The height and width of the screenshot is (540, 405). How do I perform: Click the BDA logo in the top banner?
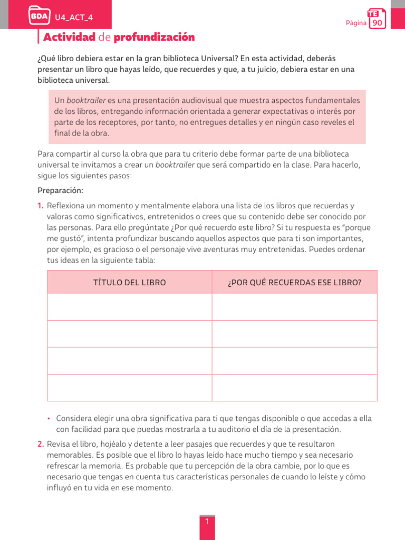point(40,16)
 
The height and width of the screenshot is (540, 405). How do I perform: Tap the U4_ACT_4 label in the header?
point(74,17)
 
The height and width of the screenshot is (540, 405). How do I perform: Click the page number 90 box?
point(377,23)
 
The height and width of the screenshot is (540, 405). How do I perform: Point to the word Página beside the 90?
point(356,23)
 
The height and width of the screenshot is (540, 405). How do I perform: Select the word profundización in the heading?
point(154,37)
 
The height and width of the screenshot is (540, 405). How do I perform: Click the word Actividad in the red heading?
point(69,37)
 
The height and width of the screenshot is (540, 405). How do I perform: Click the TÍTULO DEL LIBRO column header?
point(129,283)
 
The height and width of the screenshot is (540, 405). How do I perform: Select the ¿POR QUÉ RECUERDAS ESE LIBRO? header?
point(294,283)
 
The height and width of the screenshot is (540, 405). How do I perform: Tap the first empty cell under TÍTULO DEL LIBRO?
point(129,307)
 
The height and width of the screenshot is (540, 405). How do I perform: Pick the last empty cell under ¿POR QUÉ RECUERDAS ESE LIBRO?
point(294,388)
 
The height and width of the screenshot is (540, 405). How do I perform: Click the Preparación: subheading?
point(61,190)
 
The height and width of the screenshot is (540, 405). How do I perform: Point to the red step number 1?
point(41,206)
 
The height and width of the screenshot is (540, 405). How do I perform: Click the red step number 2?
point(41,444)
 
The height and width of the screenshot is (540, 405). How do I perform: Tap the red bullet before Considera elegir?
point(49,419)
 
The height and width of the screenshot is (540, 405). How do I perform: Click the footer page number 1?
point(207,522)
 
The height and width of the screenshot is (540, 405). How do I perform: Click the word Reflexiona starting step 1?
point(66,206)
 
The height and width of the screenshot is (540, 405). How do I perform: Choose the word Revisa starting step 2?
point(58,444)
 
